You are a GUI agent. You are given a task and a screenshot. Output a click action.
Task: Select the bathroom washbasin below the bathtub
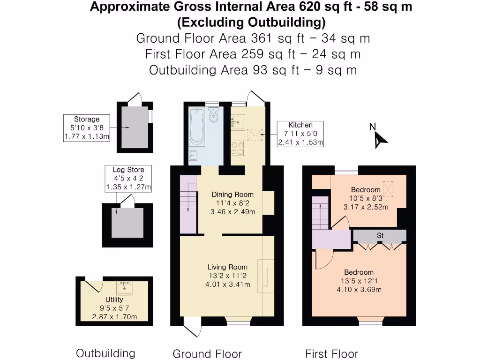click(x=194, y=156)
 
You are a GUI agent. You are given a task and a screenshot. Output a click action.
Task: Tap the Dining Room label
click(x=232, y=195)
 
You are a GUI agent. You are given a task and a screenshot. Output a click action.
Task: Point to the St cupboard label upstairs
click(x=380, y=235)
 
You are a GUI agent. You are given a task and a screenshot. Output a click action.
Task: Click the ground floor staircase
click(x=188, y=204)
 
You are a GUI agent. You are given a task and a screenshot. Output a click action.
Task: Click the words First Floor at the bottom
click(x=331, y=353)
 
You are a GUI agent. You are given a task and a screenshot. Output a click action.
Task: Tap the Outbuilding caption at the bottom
click(x=105, y=353)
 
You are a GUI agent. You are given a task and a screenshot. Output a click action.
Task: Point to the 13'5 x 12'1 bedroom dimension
click(x=359, y=281)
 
